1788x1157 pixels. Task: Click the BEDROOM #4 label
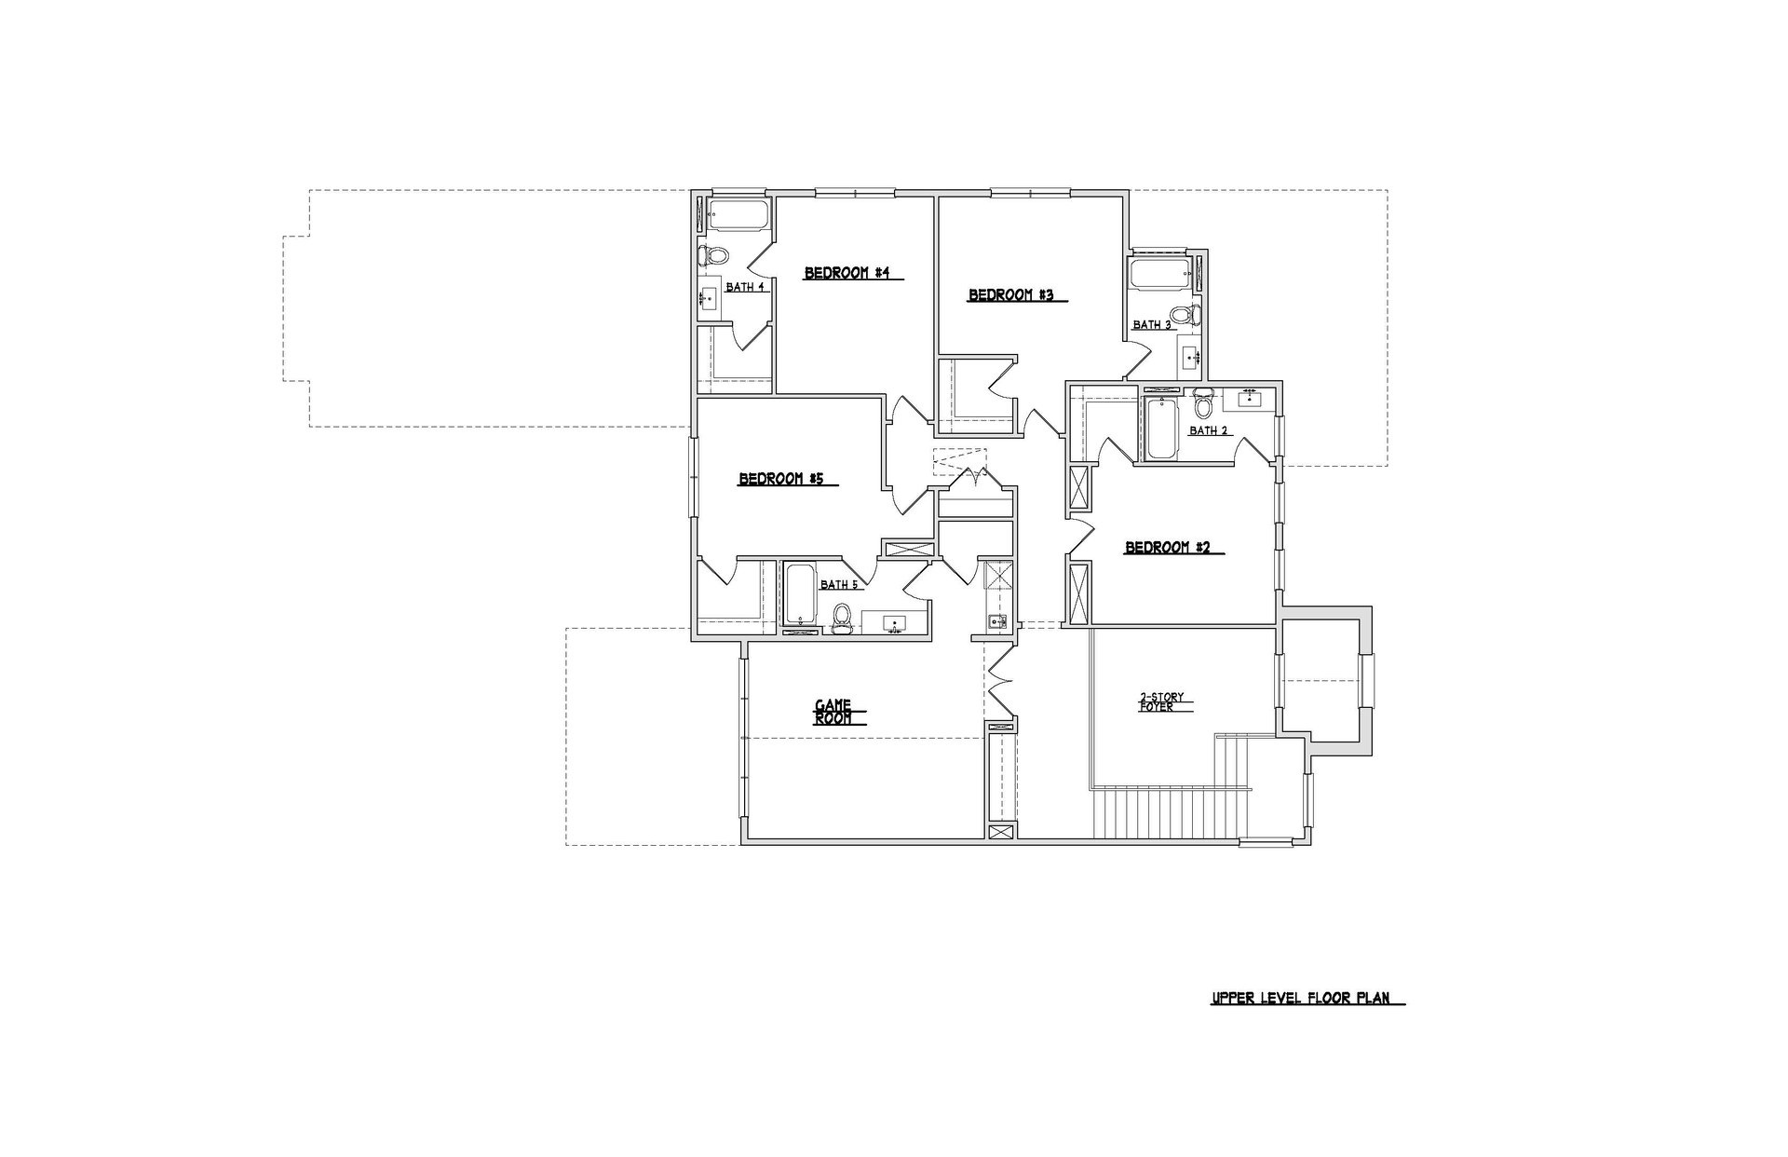(847, 273)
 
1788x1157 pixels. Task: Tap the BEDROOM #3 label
(1010, 295)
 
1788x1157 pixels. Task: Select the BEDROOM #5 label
(782, 479)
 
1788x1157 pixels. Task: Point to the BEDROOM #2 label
(1167, 548)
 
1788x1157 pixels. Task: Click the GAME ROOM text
(834, 713)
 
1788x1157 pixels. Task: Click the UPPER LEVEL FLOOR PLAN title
(1300, 999)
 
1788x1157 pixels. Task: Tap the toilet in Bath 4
(716, 254)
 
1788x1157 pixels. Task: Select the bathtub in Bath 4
(738, 216)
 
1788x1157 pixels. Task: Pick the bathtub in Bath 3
(1160, 276)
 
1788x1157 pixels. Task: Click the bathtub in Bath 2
(1161, 429)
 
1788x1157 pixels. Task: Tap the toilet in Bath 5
(842, 618)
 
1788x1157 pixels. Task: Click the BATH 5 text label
(839, 585)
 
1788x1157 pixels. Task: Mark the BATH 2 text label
(1209, 430)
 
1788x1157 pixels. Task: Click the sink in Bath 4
(709, 299)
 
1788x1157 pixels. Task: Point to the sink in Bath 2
(1249, 399)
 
